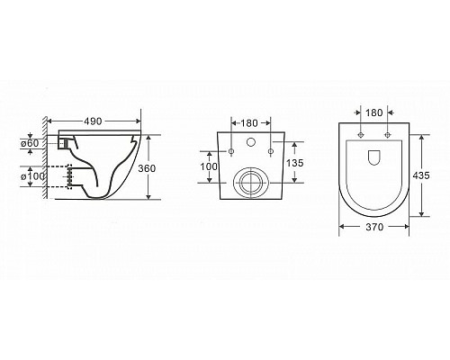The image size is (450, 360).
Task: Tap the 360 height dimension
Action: [x=160, y=169]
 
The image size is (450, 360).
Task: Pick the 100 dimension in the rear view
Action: [x=206, y=166]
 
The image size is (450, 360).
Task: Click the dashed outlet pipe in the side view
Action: [x=65, y=175]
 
